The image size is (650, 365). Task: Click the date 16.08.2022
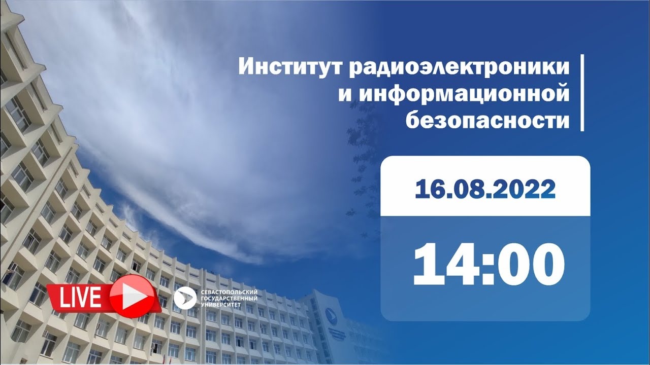(x=485, y=189)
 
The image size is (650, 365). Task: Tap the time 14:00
(x=489, y=265)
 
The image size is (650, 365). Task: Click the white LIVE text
(x=80, y=297)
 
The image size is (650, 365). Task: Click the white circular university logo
(x=185, y=299)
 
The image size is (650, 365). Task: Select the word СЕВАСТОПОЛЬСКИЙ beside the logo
(x=229, y=293)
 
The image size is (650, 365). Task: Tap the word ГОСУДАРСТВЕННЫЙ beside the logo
(x=229, y=299)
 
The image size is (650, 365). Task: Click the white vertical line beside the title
(x=582, y=97)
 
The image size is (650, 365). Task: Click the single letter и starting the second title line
(x=345, y=96)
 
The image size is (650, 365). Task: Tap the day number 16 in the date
(x=428, y=189)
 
